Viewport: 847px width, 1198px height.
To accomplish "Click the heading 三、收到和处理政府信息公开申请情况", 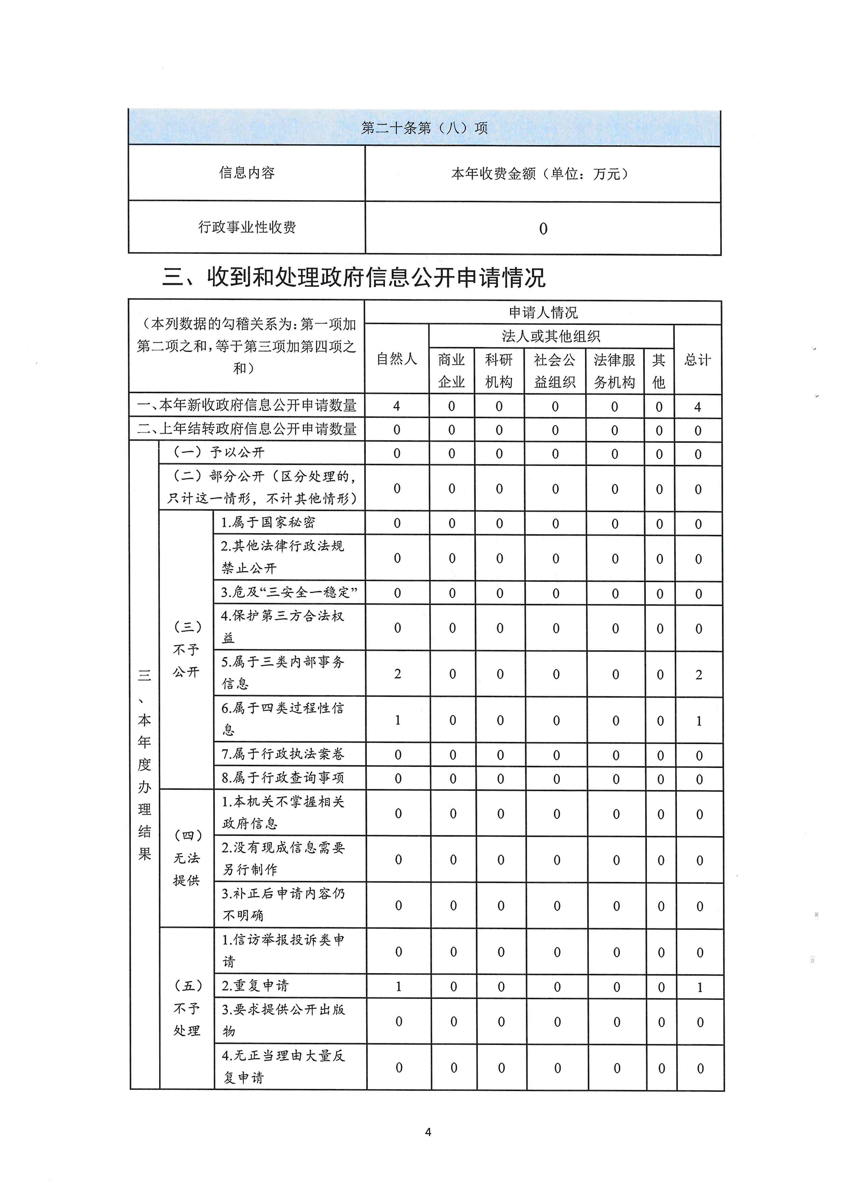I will click(x=353, y=277).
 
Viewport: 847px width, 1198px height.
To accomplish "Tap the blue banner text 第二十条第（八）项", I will click(x=424, y=128).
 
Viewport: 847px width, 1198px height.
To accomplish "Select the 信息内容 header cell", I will click(x=247, y=173).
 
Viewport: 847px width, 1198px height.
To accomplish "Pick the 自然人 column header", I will click(x=397, y=359).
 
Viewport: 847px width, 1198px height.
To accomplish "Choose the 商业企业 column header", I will click(x=451, y=370).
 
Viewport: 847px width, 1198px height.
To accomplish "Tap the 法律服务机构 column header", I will click(x=614, y=370).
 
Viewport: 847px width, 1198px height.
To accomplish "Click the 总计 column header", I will click(x=697, y=359).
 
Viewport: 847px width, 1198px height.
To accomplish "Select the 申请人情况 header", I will click(x=543, y=313).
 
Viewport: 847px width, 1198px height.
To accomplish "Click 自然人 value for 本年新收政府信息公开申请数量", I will click(x=397, y=406).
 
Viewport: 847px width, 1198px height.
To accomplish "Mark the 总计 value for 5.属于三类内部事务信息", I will click(x=699, y=674).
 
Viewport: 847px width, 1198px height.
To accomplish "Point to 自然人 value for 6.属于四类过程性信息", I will click(x=398, y=720).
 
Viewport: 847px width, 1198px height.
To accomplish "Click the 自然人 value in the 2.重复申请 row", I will click(x=399, y=986).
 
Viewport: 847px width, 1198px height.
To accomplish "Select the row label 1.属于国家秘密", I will click(x=268, y=522).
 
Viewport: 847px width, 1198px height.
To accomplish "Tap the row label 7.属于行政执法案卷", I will click(x=283, y=754).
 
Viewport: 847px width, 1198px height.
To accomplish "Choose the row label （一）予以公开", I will click(x=219, y=452).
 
